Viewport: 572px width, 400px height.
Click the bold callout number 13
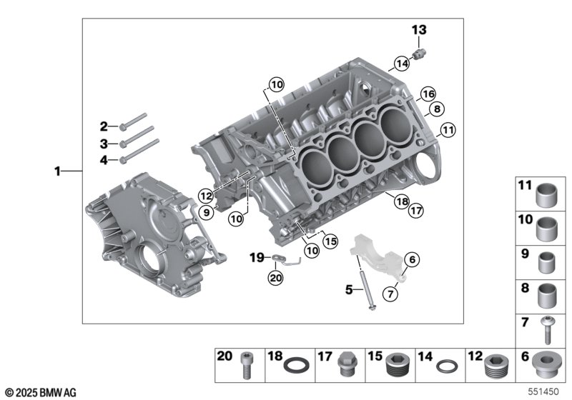click(x=418, y=29)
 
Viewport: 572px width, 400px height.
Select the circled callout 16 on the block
click(x=428, y=94)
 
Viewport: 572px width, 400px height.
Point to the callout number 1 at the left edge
click(x=58, y=171)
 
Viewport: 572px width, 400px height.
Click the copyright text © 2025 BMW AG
click(x=39, y=392)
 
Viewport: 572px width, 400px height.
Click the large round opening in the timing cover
click(x=148, y=259)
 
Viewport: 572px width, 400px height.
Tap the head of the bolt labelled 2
click(x=124, y=126)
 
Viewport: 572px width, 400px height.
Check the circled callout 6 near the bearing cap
click(x=413, y=261)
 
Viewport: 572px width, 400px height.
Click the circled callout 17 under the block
click(x=415, y=210)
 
